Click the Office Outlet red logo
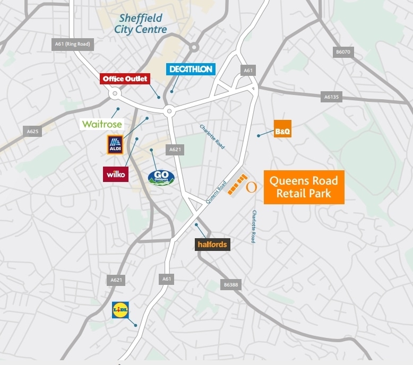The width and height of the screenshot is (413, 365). tap(125, 79)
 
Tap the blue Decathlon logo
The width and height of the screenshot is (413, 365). tap(190, 69)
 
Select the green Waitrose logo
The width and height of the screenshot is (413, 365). tap(102, 124)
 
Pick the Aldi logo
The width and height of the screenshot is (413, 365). tap(115, 144)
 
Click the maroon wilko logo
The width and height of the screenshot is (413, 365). tap(115, 174)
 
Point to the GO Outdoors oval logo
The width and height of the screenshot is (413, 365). tap(161, 177)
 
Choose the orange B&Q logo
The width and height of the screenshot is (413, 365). tap(282, 129)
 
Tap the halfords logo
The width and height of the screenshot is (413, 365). tap(212, 245)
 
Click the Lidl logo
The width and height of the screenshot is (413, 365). tap(121, 310)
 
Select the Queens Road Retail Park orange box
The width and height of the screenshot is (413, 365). tap(304, 187)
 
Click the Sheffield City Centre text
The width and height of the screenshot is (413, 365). tap(140, 24)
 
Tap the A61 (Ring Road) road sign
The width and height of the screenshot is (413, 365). tap(73, 44)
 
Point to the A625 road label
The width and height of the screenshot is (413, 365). tap(32, 131)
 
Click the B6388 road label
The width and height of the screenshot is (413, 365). tap(231, 285)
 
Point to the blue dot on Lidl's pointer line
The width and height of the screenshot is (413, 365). tap(136, 325)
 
